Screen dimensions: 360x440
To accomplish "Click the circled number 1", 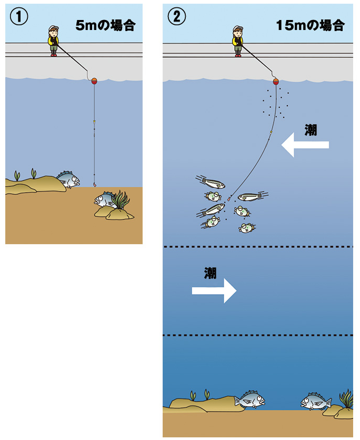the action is pos(19,16).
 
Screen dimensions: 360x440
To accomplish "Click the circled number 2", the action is pos(176,16).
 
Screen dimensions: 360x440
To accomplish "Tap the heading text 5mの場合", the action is pos(105,25).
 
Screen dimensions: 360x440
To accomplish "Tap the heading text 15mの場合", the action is pos(310,25).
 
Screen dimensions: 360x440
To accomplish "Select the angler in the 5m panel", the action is pos(53,41).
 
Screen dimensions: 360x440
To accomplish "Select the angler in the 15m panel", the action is pos(238,41).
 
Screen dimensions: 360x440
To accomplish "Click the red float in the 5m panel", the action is pos(94,82).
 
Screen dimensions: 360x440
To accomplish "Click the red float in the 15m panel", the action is pos(276,82).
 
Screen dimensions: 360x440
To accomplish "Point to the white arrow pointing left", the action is pos(305,145).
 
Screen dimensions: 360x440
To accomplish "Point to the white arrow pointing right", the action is pos(214,291).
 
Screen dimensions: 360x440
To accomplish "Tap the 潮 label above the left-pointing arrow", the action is pos(311,130).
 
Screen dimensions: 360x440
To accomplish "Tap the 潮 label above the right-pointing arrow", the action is pos(210,273).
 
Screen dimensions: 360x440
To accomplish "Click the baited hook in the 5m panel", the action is pos(95,185).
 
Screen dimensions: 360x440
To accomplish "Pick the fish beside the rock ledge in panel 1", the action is pos(69,179).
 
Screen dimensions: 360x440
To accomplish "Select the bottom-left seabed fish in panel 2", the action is pos(250,399).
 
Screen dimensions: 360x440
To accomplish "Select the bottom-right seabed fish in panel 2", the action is pos(316,401).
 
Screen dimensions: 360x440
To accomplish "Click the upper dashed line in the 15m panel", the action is pos(258,247).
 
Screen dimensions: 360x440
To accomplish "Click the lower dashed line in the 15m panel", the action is pos(258,335).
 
